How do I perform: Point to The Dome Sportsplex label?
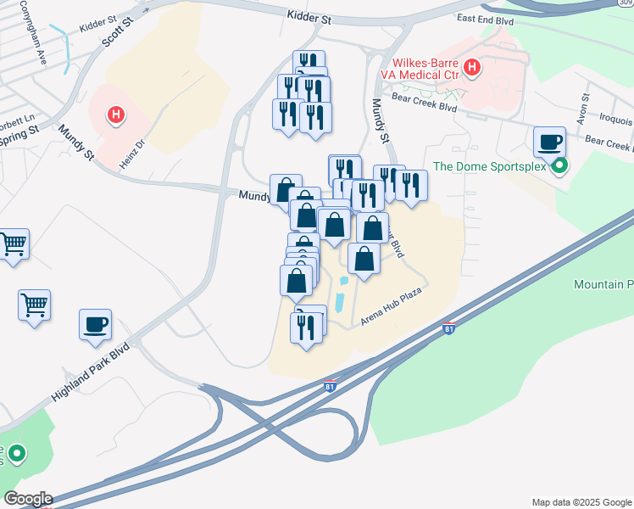pyautogui.click(x=491, y=166)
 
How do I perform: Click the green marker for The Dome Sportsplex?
pyautogui.click(x=559, y=166)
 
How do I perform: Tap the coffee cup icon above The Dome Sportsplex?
pyautogui.click(x=549, y=141)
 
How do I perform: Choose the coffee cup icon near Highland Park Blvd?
pyautogui.click(x=96, y=324)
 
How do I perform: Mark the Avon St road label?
pyautogui.click(x=584, y=110)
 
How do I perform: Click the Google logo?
pyautogui.click(x=27, y=499)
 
